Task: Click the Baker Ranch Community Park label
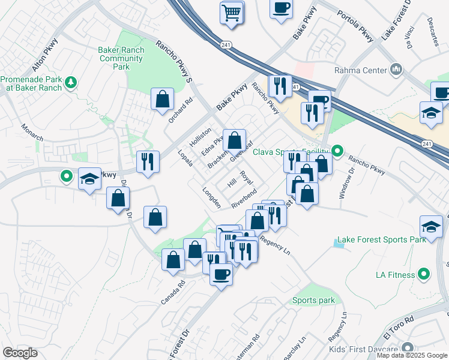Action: coord(121,59)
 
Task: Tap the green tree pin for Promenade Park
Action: coord(71,82)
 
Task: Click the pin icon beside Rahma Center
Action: coord(396,70)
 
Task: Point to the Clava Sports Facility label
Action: coord(291,151)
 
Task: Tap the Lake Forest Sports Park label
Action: coord(381,239)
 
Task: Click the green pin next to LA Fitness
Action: coord(424,275)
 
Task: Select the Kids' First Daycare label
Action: coord(364,349)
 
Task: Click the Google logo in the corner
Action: coord(20,352)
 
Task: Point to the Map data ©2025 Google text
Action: coord(412,355)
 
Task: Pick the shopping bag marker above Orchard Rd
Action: coord(163,99)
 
